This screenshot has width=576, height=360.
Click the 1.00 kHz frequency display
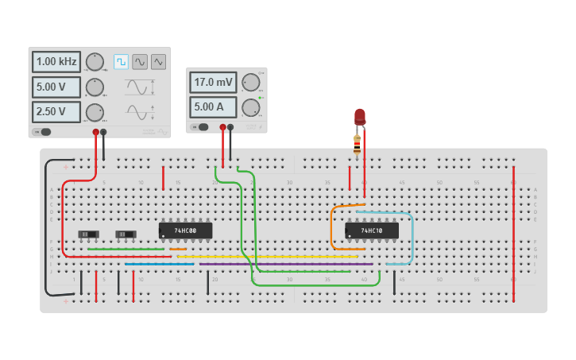point(56,62)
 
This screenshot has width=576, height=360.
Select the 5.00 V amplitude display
point(56,87)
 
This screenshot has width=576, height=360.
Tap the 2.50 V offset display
point(56,111)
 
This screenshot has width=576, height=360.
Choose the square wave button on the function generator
point(121,61)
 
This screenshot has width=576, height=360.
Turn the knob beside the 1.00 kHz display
point(95,62)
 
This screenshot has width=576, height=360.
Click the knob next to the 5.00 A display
point(251,107)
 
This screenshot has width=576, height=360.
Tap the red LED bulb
point(360,116)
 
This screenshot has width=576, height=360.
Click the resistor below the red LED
point(357,143)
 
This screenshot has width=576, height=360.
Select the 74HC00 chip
point(185,230)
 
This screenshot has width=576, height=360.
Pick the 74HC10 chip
point(371,230)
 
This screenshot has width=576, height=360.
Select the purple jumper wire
point(286,264)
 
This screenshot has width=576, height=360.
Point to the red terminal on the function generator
point(95,132)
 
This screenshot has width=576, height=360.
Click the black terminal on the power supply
point(230,126)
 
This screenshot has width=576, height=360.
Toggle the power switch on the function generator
point(43,132)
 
